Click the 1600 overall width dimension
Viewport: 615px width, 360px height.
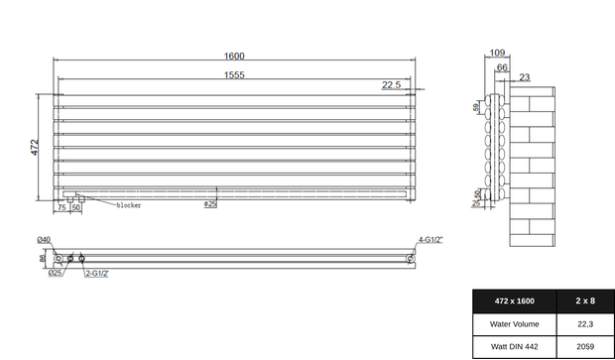pyautogui.click(x=234, y=56)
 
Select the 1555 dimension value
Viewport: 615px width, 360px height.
pyautogui.click(x=234, y=74)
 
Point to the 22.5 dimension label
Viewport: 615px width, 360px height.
pyautogui.click(x=391, y=86)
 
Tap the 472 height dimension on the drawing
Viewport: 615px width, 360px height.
pyautogui.click(x=35, y=146)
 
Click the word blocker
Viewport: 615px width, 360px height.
pyautogui.click(x=129, y=205)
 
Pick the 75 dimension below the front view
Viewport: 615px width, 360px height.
pyautogui.click(x=61, y=207)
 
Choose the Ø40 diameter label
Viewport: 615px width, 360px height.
pyautogui.click(x=45, y=240)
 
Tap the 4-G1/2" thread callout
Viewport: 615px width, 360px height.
pyautogui.click(x=430, y=240)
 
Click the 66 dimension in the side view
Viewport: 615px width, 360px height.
pyautogui.click(x=503, y=67)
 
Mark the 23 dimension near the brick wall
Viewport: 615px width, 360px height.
pyautogui.click(x=524, y=77)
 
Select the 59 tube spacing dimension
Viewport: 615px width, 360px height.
pyautogui.click(x=476, y=106)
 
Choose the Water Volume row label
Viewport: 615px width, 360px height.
pyautogui.click(x=514, y=323)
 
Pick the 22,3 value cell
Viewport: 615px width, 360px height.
pyautogui.click(x=585, y=323)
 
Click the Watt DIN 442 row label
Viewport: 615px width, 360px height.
pyautogui.click(x=514, y=346)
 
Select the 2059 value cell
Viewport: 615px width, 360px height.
pyautogui.click(x=585, y=346)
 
